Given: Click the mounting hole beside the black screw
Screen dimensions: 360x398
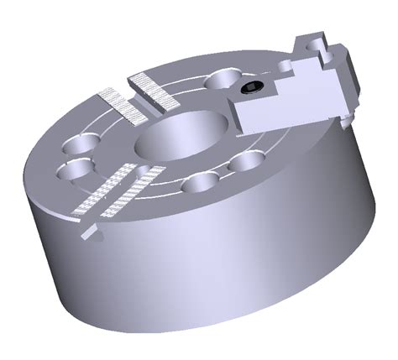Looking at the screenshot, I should [223, 79].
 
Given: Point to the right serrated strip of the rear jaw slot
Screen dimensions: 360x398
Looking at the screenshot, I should [152, 91].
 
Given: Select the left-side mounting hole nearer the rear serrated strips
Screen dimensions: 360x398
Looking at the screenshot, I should [81, 140].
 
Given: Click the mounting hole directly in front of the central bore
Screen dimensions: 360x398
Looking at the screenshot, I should [201, 182].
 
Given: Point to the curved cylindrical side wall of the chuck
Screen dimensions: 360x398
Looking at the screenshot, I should [210, 269].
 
